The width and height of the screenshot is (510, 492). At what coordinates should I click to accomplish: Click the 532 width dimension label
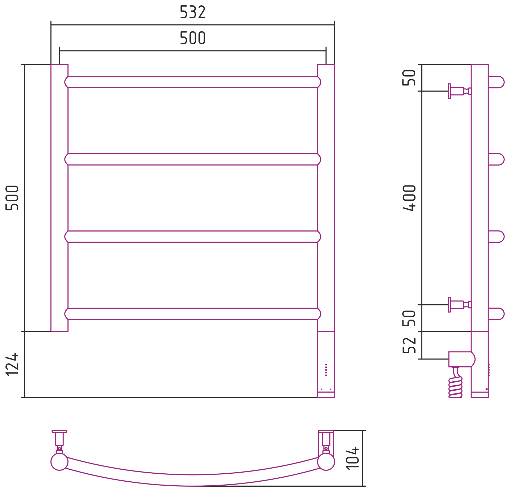(193, 12)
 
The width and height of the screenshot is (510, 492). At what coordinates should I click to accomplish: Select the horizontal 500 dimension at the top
(193, 38)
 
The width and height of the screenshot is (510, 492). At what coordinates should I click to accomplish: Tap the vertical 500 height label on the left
(12, 198)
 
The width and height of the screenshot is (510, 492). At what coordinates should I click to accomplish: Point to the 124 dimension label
(12, 364)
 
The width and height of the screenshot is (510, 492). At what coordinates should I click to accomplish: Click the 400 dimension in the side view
(409, 198)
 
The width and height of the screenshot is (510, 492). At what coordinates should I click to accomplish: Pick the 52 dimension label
(409, 345)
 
